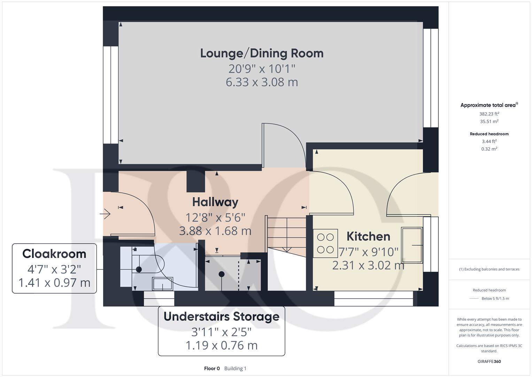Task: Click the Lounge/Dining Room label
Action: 262,53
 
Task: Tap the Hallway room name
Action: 215,202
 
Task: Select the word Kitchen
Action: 368,236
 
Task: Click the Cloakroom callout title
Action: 54,254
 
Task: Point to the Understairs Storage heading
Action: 221,317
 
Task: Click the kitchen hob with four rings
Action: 325,243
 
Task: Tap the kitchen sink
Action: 412,245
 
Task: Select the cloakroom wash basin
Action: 163,283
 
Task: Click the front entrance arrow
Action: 105,214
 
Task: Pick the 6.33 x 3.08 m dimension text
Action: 262,82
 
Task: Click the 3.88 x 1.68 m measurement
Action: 215,231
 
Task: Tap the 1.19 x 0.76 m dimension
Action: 221,346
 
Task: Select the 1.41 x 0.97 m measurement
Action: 54,283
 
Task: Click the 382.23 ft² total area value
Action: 489,114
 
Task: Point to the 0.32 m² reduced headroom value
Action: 489,149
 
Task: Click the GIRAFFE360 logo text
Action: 489,361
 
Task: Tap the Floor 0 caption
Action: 212,368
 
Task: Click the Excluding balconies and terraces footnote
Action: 489,269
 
